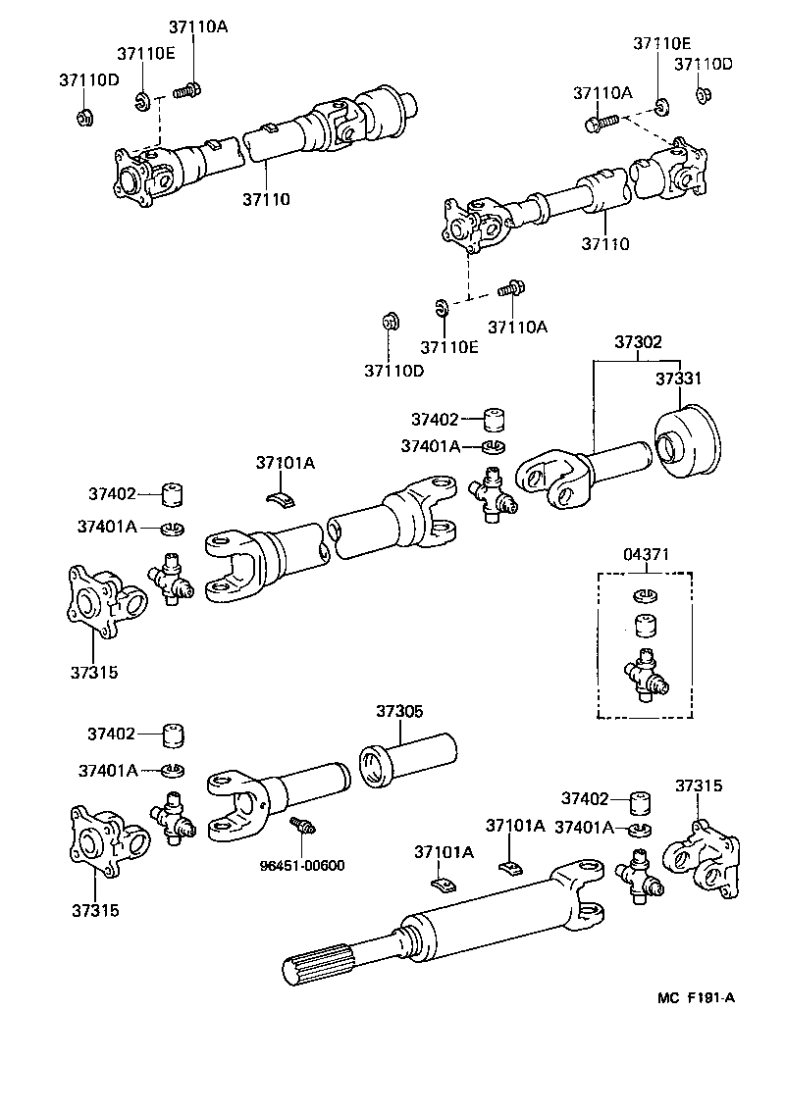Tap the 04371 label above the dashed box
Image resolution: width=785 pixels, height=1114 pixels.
coord(646,555)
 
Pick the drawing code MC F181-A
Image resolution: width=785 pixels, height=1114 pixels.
coord(696,998)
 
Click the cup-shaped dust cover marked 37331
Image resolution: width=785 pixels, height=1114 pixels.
coord(687,446)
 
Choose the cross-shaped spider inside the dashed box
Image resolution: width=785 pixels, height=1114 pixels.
coord(645,678)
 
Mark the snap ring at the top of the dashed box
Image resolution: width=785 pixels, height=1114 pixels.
coord(645,594)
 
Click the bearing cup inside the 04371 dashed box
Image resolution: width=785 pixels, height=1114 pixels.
coord(645,626)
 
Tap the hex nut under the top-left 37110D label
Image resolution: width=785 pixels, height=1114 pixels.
coord(84,118)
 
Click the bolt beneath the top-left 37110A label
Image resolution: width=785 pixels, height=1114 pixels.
coord(186,92)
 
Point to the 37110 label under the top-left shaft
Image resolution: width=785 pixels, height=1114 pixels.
coord(266,200)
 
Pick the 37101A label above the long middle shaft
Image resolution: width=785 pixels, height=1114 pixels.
coord(285,463)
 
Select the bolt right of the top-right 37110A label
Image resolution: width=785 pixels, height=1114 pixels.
coord(601,123)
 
